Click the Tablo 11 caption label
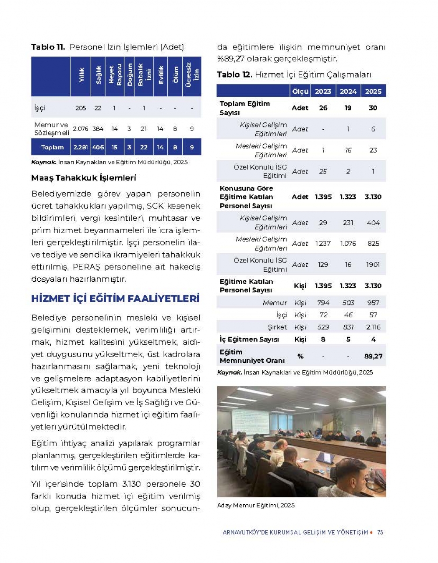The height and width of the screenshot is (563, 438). pyautogui.click(x=48, y=47)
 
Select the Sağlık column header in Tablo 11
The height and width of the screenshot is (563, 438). pyautogui.click(x=98, y=76)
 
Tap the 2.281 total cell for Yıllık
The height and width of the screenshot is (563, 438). pyautogui.click(x=81, y=147)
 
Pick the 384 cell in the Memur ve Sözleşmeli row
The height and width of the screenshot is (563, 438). pyautogui.click(x=98, y=129)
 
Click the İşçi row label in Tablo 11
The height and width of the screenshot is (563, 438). pyautogui.click(x=39, y=108)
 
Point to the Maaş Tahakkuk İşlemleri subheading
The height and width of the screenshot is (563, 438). pyautogui.click(x=84, y=178)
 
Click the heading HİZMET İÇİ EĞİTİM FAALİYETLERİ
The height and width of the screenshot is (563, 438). pyautogui.click(x=115, y=299)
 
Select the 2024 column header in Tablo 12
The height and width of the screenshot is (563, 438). pyautogui.click(x=348, y=91)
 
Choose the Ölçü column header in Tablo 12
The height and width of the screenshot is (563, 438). pyautogui.click(x=300, y=91)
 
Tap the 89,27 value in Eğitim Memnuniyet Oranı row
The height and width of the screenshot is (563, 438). pyautogui.click(x=373, y=356)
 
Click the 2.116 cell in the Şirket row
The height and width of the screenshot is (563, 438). pyautogui.click(x=373, y=327)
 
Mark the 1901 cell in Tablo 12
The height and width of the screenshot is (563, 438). pyautogui.click(x=373, y=265)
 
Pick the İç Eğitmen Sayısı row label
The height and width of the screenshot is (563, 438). pyautogui.click(x=249, y=339)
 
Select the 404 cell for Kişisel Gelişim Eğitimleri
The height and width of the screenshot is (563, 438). pyautogui.click(x=373, y=223)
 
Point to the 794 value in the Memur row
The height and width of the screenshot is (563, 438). pyautogui.click(x=323, y=302)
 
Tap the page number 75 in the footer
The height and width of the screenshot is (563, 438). pyautogui.click(x=380, y=532)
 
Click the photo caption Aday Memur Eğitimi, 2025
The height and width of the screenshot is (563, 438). pyautogui.click(x=256, y=505)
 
